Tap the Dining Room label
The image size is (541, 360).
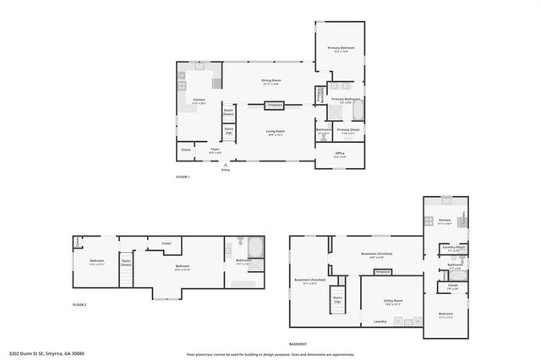(270, 83)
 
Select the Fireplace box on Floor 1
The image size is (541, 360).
(274, 106)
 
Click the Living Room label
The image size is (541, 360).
(276, 133)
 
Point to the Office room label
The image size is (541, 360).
(339, 155)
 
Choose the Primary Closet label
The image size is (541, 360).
(348, 131)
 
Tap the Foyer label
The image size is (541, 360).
(216, 150)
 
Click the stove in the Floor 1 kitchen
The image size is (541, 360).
(183, 83)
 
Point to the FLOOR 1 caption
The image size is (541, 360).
(183, 177)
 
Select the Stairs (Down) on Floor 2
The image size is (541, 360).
(126, 263)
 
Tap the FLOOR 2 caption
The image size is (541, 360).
(79, 304)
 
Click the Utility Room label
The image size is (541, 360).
(393, 301)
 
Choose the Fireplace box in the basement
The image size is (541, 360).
(382, 272)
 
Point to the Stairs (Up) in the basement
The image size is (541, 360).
(337, 300)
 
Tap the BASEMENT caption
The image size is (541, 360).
(298, 344)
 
